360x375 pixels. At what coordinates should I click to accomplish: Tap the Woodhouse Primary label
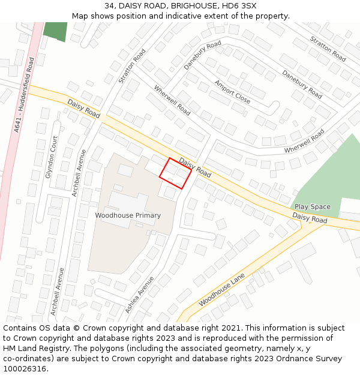[128, 215]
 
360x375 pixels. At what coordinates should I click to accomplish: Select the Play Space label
[312, 207]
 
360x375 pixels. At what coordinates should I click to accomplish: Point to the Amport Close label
[232, 92]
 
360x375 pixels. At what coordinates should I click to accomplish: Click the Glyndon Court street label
[52, 157]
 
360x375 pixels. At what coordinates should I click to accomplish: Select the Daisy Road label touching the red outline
[195, 168]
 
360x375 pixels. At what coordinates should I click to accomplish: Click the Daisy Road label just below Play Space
[310, 217]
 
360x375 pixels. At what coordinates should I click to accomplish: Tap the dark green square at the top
[55, 31]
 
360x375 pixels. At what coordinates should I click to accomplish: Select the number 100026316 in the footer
[25, 369]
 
